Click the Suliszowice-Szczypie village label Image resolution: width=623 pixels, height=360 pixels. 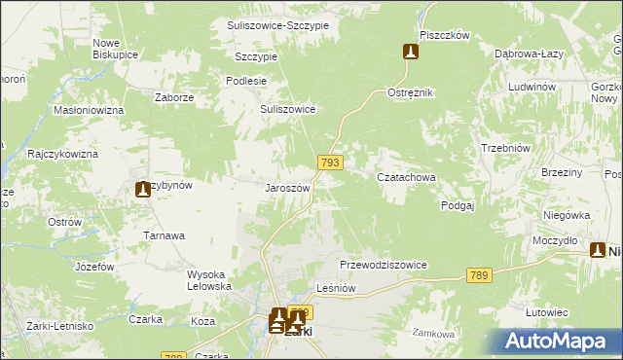277,24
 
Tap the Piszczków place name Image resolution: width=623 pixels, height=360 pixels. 445,35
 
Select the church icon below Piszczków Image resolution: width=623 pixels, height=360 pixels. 412,53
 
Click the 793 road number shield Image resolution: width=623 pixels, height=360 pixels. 329,163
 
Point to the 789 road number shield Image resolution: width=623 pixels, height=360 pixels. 477,276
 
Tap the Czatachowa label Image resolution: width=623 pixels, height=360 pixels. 406,178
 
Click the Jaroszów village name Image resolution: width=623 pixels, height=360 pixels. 288,188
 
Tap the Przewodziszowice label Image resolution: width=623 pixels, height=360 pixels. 384,265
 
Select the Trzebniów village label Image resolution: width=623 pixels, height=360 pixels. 504,148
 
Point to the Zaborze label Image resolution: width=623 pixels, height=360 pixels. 175,98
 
